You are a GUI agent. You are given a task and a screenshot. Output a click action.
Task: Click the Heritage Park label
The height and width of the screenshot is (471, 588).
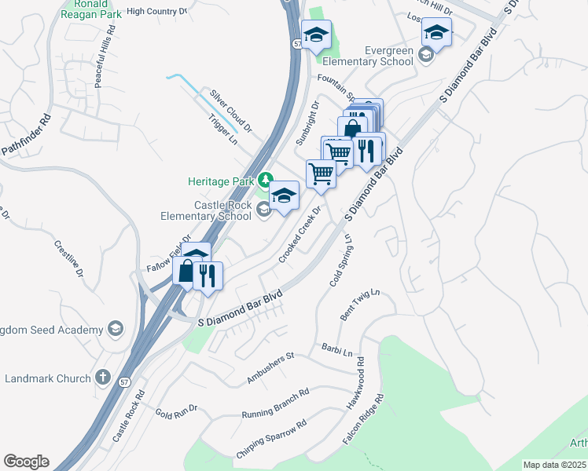point(219,181)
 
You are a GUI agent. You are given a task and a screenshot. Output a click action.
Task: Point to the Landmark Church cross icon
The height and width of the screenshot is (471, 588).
point(102,378)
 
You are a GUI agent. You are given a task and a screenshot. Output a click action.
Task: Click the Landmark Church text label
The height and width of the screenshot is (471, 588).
point(48,378)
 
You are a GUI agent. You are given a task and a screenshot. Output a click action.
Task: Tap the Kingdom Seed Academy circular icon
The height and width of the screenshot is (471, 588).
point(116,329)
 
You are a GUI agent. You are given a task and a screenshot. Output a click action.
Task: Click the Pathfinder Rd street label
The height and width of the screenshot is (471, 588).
point(25,137)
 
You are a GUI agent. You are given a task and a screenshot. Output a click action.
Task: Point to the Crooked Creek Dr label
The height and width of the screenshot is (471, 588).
point(300,235)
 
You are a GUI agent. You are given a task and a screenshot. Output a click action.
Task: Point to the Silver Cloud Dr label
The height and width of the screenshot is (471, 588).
point(230,111)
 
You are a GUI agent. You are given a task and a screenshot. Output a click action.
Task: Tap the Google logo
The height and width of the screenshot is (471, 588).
point(26,462)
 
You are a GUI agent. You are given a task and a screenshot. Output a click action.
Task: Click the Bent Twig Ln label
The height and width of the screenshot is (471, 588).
point(359,305)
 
